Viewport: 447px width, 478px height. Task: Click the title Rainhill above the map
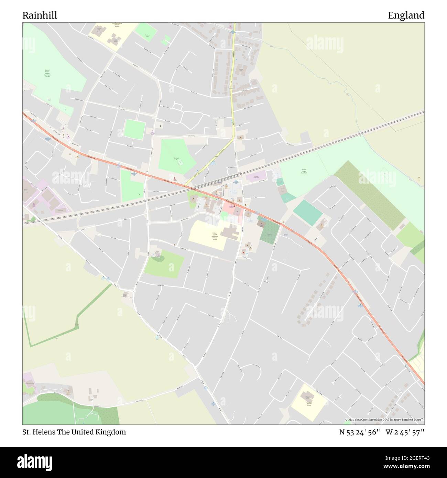(x=40, y=15)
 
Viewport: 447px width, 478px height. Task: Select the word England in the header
(x=406, y=15)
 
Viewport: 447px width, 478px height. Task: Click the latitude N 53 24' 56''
(x=359, y=432)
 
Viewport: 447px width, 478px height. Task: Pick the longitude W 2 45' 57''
(x=405, y=432)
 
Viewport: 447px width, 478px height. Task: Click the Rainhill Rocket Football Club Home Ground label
(x=47, y=73)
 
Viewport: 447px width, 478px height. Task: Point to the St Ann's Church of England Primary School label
(x=215, y=236)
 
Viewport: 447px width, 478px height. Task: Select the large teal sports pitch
(x=307, y=212)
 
